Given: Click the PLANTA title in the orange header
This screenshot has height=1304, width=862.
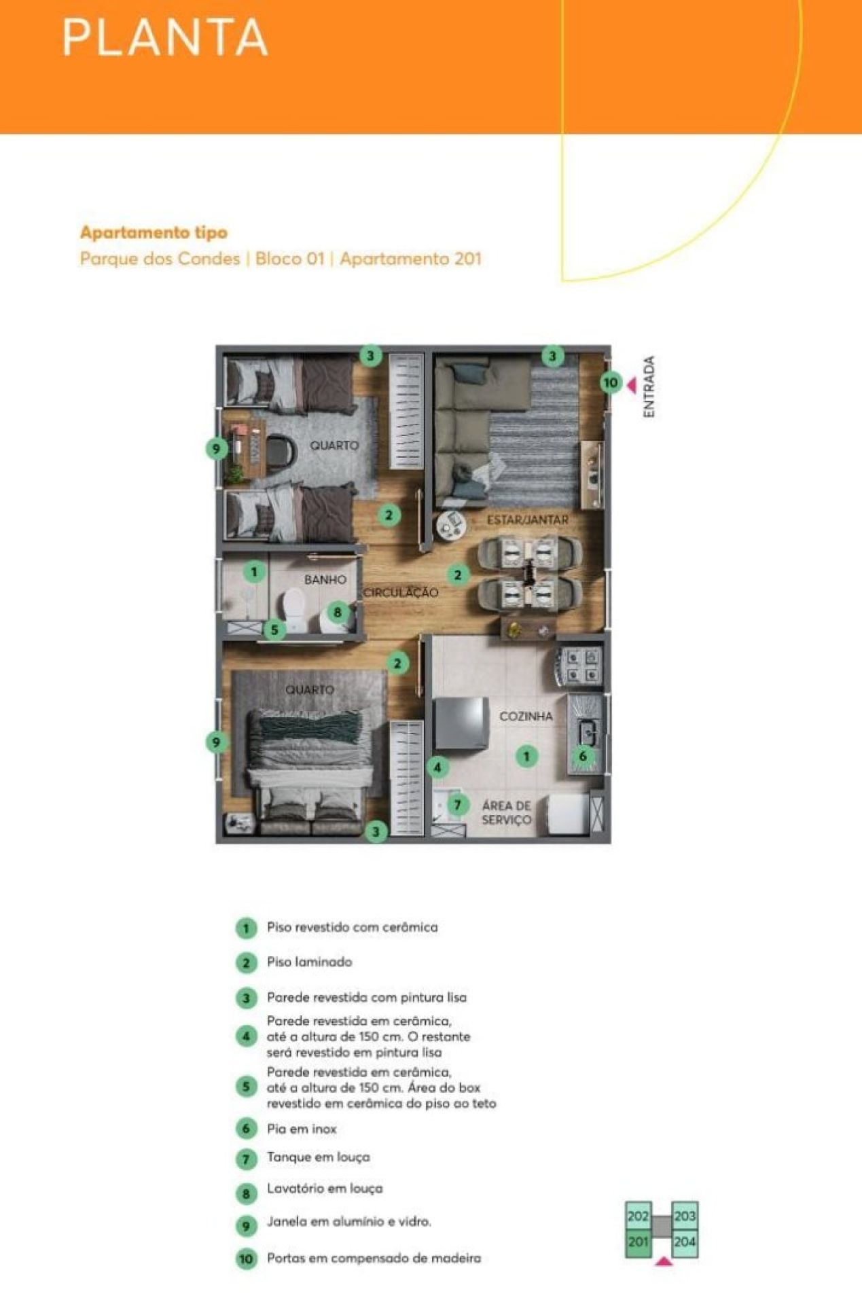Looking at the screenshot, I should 165,37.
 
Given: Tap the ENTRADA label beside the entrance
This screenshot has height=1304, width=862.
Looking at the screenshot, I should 649,387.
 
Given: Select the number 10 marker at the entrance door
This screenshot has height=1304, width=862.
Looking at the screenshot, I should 611,382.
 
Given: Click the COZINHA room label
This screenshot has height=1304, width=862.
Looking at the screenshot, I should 526,717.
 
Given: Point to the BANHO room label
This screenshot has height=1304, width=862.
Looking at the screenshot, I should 325,580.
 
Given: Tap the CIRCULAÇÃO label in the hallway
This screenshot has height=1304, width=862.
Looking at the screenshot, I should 401,593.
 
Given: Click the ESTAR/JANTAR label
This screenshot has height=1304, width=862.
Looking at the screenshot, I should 527,520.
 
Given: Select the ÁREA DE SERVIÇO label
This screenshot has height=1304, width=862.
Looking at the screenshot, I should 506,813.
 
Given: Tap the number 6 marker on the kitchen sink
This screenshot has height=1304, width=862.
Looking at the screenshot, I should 582,756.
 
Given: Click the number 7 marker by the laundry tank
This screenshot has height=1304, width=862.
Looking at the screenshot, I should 458,805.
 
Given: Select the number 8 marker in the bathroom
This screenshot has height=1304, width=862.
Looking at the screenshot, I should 338,612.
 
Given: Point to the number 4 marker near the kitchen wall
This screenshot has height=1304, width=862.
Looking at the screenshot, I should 437,767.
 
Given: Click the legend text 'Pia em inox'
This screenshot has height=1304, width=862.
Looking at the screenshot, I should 302,1129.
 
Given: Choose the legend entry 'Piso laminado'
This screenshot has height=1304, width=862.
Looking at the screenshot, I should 309,962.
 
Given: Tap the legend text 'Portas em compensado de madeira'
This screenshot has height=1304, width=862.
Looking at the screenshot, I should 374,1258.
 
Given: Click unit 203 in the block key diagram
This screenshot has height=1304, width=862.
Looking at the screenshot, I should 685,1216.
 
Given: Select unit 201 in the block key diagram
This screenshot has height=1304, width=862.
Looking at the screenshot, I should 638,1242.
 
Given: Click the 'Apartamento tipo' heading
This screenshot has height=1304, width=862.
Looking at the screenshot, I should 154,232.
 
